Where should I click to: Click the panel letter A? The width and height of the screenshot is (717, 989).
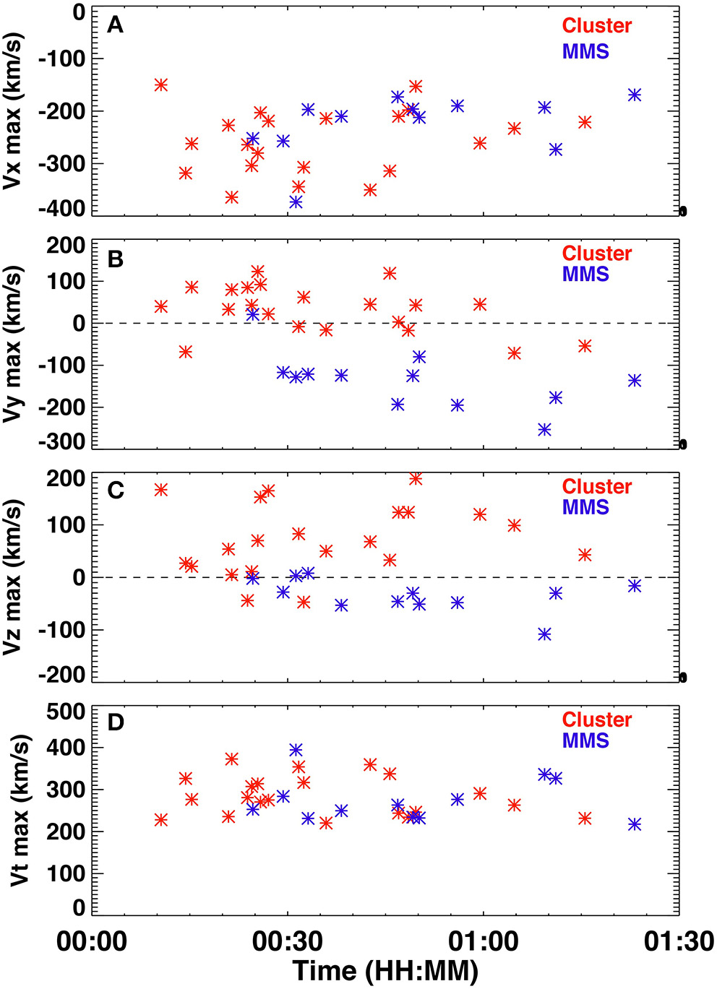[x=115, y=25]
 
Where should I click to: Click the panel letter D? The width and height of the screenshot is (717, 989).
[x=116, y=722]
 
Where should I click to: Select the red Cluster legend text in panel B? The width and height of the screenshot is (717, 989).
[x=596, y=254]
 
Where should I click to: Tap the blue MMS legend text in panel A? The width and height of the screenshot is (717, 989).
[x=585, y=51]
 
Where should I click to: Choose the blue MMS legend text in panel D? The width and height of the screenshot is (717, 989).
[x=585, y=740]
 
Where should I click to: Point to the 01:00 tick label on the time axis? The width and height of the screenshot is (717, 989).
[x=483, y=942]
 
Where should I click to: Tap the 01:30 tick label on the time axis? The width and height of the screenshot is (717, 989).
[x=679, y=942]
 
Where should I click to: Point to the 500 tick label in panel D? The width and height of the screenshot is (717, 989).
[x=66, y=712]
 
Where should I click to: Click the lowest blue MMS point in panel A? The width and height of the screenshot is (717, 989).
[x=296, y=202]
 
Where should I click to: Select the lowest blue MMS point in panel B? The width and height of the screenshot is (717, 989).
[x=544, y=430]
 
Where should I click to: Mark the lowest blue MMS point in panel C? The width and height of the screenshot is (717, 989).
[x=544, y=634]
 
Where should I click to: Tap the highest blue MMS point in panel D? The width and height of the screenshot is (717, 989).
[x=296, y=750]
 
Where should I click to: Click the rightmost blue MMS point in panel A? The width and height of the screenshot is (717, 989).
[x=635, y=95]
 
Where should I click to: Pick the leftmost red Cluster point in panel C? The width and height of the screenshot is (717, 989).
[x=161, y=490]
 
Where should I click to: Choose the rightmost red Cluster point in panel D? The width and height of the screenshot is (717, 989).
[x=585, y=818]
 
